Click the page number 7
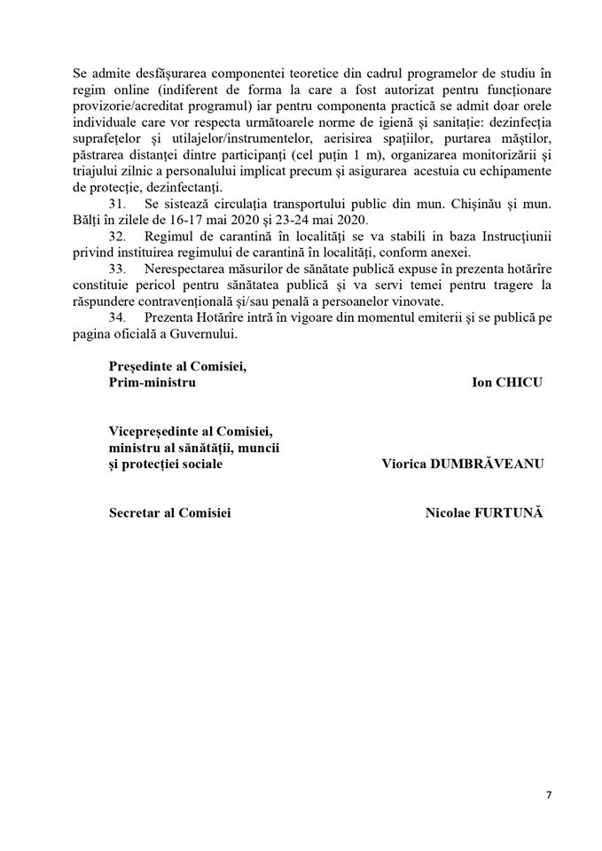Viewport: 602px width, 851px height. coord(549,794)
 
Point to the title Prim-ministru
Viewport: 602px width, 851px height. coord(152,382)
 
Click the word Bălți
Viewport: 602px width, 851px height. coord(87,220)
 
